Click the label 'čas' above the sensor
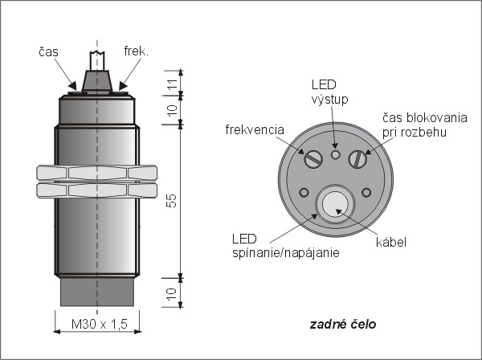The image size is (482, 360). (48, 52)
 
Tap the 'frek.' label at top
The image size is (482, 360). (137, 51)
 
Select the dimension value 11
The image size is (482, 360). (173, 84)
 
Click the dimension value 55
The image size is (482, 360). (173, 200)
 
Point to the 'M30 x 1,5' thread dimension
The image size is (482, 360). (99, 324)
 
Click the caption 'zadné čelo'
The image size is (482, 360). (342, 325)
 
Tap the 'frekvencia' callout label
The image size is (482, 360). (255, 129)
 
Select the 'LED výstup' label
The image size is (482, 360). (329, 92)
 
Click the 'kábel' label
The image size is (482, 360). (391, 242)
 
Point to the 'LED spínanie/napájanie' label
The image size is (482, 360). (286, 246)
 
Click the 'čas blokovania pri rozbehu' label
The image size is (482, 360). (424, 125)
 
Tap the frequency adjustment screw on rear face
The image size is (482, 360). (313, 159)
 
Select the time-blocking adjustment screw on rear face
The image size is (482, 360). (357, 159)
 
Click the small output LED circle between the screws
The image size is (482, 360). (335, 154)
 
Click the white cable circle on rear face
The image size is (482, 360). (336, 204)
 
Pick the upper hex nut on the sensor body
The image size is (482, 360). (97, 173)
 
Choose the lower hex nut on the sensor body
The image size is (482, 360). (97, 190)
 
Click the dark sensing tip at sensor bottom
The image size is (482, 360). (97, 292)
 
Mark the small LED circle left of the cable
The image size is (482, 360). (304, 193)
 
